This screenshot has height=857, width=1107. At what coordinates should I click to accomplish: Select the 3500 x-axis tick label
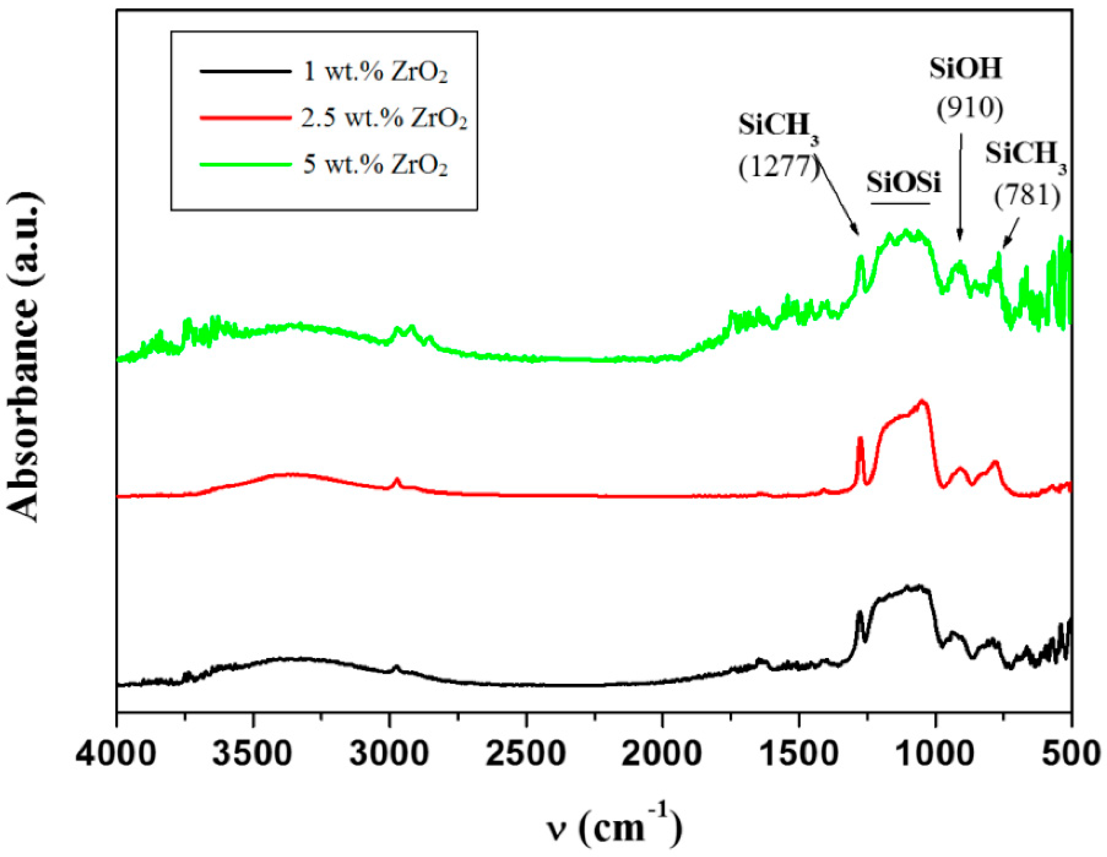point(252,754)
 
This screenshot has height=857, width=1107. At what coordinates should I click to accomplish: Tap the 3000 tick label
point(389,754)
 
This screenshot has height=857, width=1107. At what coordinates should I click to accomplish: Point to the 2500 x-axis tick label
point(525,754)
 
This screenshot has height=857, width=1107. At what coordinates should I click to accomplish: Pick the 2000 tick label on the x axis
point(662,754)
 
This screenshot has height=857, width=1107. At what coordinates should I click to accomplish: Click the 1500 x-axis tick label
point(798,754)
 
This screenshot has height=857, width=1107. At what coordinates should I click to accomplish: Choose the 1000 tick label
point(935,754)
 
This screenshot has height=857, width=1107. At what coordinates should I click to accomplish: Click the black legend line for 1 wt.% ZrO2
point(245,71)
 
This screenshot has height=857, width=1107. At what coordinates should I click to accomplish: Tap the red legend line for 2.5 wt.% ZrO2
point(245,118)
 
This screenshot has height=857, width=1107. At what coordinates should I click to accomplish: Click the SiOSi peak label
point(903,182)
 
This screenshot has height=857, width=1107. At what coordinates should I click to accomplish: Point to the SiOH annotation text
point(965,69)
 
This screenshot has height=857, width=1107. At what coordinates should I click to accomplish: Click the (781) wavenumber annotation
point(1027,195)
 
